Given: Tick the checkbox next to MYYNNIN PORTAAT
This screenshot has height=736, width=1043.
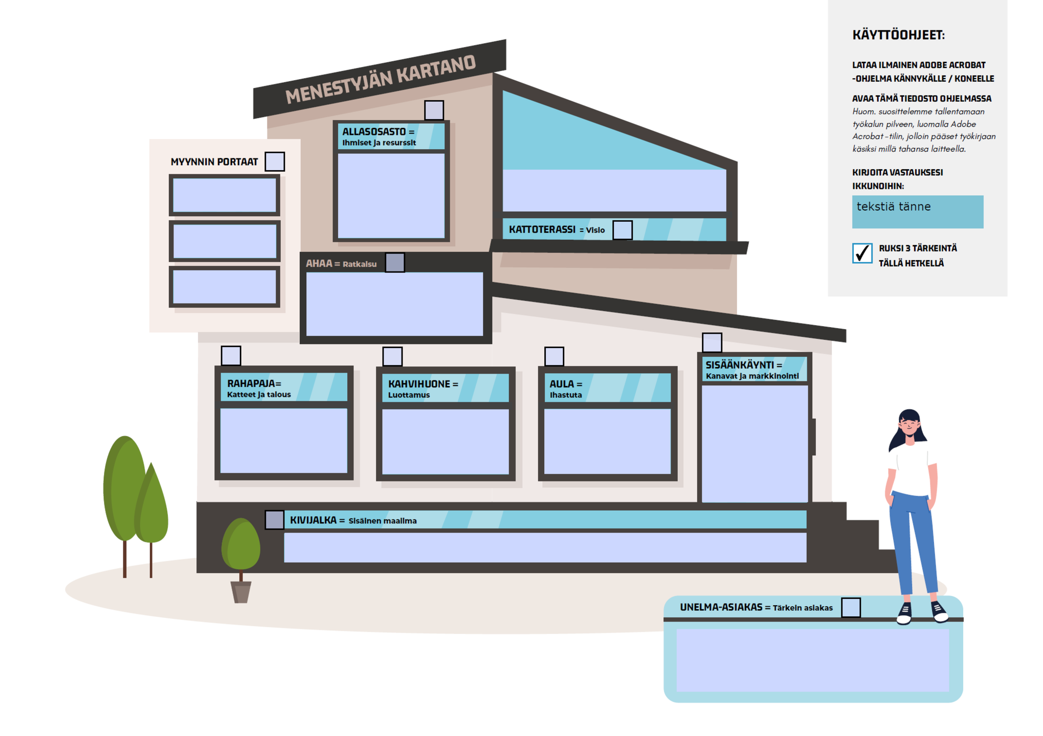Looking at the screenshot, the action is point(275,162).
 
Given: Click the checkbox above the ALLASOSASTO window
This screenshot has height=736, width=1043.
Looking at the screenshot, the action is point(434,110).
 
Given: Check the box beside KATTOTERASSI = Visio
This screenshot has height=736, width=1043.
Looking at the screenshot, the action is point(622,230).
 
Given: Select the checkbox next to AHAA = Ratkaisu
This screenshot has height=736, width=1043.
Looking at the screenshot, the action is point(394,263).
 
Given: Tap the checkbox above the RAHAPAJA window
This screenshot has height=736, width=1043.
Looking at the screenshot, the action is point(231,356).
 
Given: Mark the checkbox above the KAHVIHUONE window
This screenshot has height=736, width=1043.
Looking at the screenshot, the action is point(392,356).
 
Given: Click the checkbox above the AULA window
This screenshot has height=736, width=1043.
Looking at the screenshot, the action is point(554,356).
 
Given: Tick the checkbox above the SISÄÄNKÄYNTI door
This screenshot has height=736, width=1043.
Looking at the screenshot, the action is point(712,342).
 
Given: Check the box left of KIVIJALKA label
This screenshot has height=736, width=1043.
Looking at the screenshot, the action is point(274,520).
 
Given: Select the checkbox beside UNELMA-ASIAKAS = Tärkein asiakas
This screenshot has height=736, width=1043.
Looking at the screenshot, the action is point(851,607).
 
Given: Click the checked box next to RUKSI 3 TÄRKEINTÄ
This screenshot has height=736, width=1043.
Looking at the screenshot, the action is point(862,253).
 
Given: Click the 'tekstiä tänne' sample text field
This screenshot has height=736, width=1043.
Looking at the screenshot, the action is point(917,212).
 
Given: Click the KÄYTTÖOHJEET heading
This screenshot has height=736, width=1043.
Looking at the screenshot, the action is point(898,35).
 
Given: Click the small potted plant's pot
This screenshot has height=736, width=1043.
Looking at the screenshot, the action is point(241,592).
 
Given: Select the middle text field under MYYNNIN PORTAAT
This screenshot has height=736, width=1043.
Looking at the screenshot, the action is point(225,241).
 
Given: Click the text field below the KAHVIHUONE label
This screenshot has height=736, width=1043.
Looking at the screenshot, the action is point(445,442).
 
